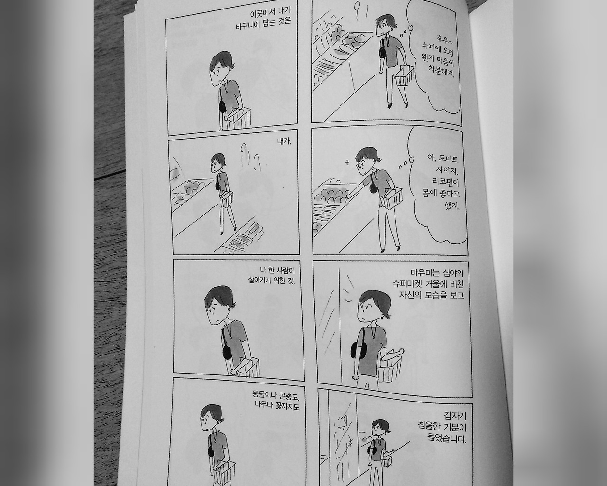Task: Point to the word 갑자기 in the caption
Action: [456, 416]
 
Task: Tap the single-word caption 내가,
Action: [284, 142]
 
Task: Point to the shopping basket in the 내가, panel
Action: [227, 198]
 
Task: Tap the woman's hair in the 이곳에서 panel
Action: [222, 61]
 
